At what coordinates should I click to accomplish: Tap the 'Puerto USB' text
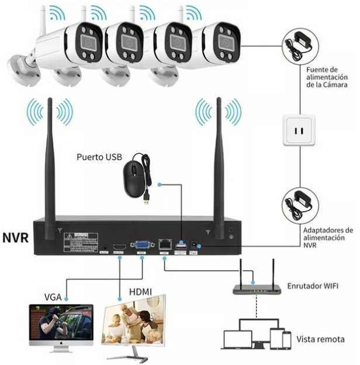99,157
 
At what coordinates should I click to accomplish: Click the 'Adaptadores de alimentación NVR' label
328,238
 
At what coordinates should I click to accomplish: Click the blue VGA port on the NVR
142,246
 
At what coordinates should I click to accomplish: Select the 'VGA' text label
53,296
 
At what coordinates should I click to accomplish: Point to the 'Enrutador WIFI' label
312,287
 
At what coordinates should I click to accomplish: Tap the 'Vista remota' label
320,339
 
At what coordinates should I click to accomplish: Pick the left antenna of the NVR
50,164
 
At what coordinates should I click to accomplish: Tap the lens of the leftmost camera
86,42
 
